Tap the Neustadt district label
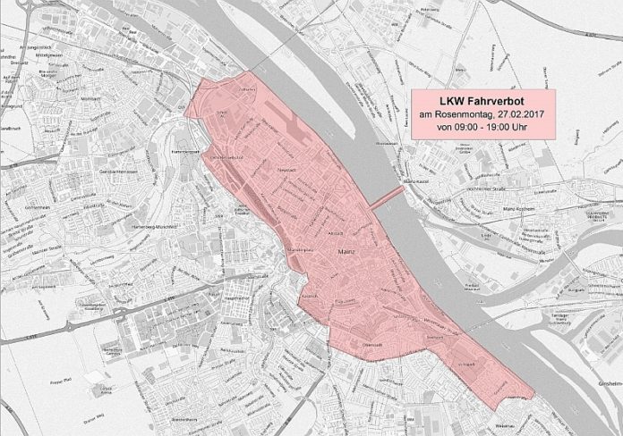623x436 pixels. click(286, 167)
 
